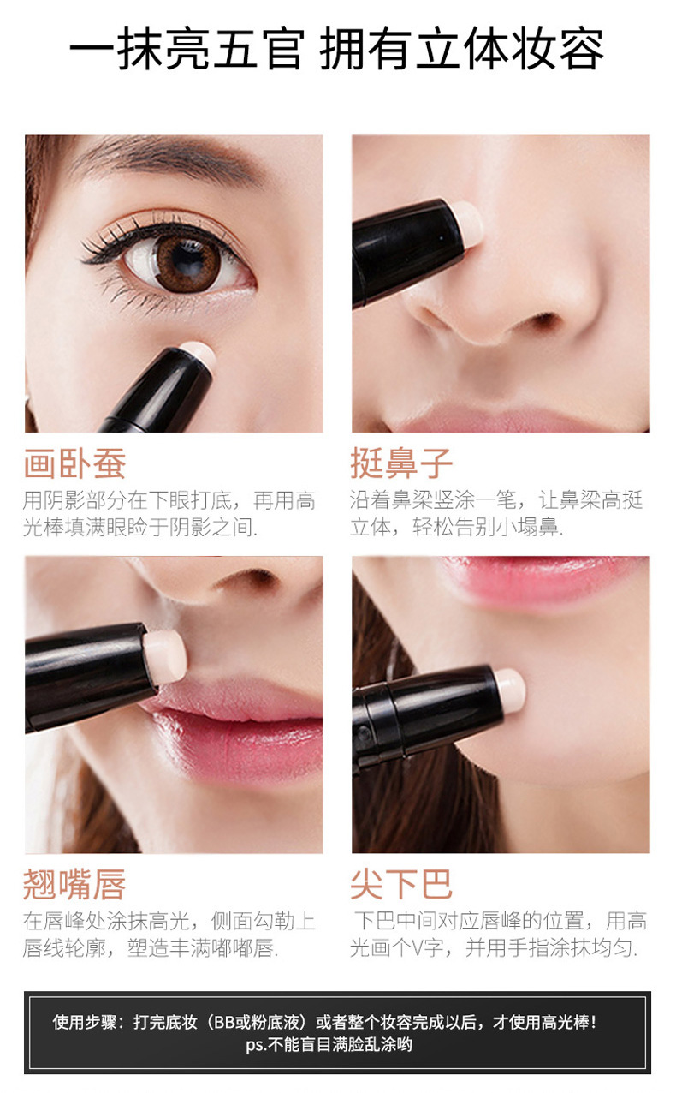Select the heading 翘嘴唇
pyautogui.click(x=74, y=884)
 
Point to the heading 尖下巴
pyautogui.click(x=400, y=884)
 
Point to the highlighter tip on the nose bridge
pyautogui.click(x=467, y=221)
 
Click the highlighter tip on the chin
pyautogui.click(x=509, y=689)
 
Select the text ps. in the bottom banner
pyautogui.click(x=256, y=1044)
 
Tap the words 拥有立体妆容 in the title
pyautogui.click(x=462, y=50)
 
